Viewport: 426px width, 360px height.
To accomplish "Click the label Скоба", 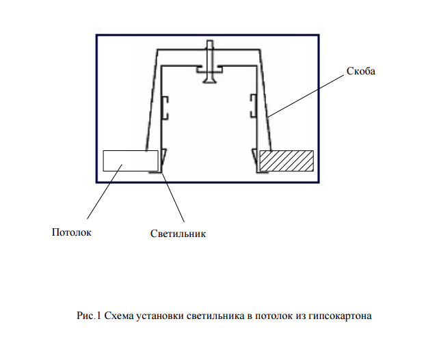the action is [x=361, y=71].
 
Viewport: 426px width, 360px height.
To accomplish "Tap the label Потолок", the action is [x=71, y=232].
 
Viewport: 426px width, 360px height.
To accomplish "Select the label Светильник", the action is [x=178, y=234].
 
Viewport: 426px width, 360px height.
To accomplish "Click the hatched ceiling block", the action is [x=287, y=161].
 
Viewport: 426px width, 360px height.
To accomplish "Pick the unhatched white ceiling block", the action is [x=131, y=161].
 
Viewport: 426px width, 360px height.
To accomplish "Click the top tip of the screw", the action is [x=210, y=41].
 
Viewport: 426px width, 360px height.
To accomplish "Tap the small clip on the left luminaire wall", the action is [x=165, y=108].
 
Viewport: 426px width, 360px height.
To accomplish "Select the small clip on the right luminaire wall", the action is [x=254, y=106].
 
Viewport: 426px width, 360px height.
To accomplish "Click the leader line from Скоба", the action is [x=306, y=96].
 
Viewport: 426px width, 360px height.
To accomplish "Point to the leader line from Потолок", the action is [x=105, y=191].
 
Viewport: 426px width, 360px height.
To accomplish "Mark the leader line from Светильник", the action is [x=173, y=197].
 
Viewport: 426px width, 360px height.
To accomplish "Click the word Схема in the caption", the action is [x=118, y=316].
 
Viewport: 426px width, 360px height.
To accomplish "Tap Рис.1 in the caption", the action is [x=89, y=316].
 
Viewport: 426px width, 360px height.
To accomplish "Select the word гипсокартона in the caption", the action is [x=340, y=316].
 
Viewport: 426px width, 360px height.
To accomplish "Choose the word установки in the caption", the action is [x=160, y=316].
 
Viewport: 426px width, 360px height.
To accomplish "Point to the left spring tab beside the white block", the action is [x=163, y=161].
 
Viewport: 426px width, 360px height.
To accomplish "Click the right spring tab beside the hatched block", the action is [x=255, y=161].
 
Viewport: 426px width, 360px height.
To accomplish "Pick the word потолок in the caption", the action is [x=274, y=316].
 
